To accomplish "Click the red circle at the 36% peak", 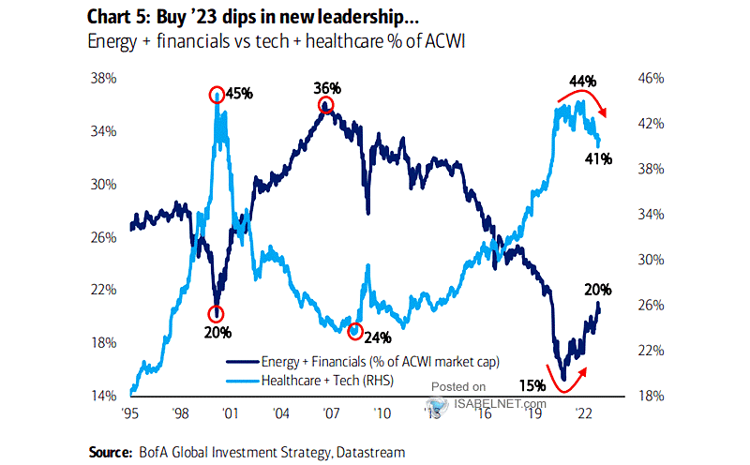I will [325, 105].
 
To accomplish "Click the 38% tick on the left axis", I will [102, 79].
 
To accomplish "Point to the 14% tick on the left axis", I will [102, 395].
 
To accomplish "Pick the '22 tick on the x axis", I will [580, 412].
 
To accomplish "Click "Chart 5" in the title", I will [121, 15].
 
